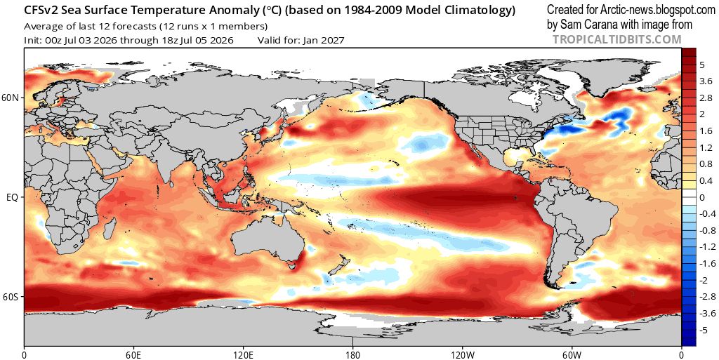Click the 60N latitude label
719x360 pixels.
click(x=11, y=98)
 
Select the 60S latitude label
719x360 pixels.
click(x=11, y=297)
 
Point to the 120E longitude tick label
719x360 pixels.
click(x=242, y=354)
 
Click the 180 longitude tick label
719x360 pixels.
click(x=352, y=354)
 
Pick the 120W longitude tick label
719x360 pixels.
click(x=462, y=354)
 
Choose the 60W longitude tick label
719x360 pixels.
click(x=572, y=354)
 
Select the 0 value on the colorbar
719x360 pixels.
click(x=702, y=197)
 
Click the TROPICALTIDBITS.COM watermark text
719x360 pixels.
click(x=616, y=40)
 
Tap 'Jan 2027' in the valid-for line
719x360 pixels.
click(x=324, y=40)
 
